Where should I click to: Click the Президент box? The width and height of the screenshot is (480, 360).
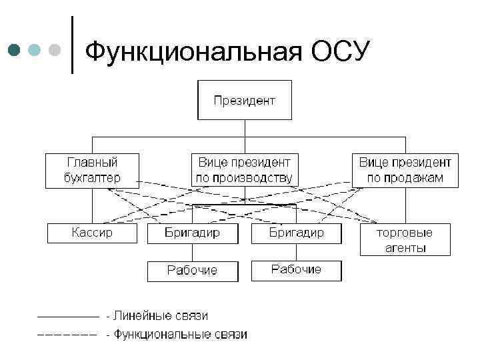click(x=244, y=101)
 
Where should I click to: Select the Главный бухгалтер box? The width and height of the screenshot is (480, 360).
click(x=92, y=170)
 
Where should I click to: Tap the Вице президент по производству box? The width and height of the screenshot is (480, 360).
click(x=244, y=170)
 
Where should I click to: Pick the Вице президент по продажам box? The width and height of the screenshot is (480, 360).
click(x=405, y=170)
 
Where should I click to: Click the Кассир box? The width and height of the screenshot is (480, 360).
click(x=92, y=233)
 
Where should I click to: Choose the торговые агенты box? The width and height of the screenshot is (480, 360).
click(x=405, y=240)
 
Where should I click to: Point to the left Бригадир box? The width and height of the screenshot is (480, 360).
click(x=193, y=233)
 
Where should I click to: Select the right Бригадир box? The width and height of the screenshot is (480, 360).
click(x=296, y=233)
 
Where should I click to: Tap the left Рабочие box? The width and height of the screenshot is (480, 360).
click(x=193, y=271)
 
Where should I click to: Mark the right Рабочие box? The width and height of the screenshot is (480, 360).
click(x=296, y=270)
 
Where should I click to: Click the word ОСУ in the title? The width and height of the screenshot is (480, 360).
click(x=339, y=51)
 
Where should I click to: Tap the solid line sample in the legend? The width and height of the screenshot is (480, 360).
click(x=67, y=315)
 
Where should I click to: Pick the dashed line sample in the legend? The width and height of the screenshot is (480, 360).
click(x=67, y=335)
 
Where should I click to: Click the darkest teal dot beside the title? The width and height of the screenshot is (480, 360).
click(x=14, y=50)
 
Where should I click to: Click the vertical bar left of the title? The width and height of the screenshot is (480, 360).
click(x=71, y=43)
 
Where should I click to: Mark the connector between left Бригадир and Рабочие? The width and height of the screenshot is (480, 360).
click(x=193, y=252)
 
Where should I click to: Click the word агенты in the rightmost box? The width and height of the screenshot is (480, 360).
click(x=405, y=248)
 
